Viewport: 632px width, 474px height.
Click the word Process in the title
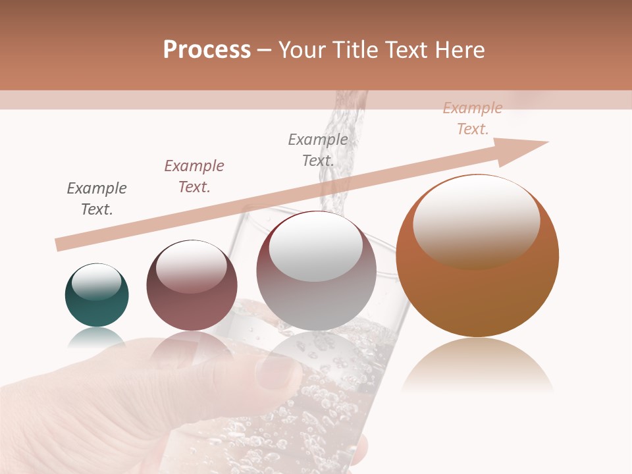click(x=207, y=50)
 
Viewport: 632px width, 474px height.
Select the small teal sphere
click(x=97, y=296)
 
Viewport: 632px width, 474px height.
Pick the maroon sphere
click(x=192, y=286)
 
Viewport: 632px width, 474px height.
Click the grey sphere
click(x=317, y=271)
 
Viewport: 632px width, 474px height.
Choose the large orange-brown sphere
click(x=477, y=257)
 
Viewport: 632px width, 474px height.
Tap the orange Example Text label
click(x=473, y=118)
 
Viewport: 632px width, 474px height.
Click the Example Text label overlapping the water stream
click(x=318, y=150)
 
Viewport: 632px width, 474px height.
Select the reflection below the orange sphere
click(x=477, y=365)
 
